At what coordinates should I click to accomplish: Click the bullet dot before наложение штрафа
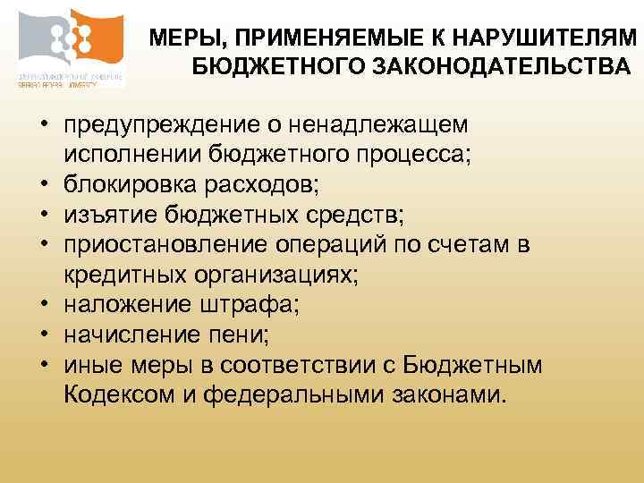point(43,306)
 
